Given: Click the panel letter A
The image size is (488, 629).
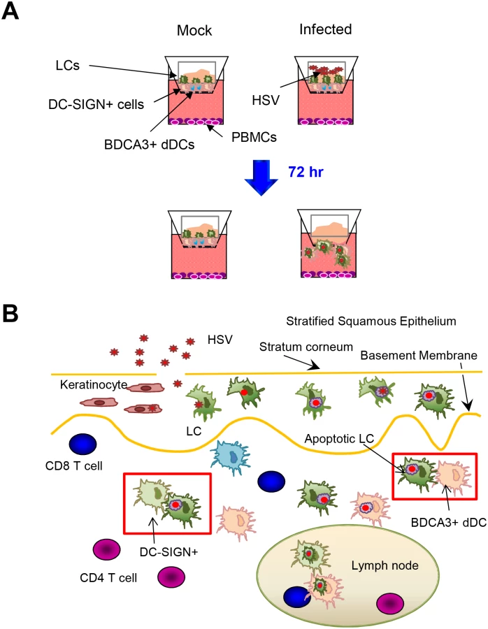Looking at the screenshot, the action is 10,10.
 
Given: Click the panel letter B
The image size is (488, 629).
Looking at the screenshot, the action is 10,314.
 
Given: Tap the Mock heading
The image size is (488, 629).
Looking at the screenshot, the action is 194,31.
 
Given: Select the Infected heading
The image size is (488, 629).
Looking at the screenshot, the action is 326,29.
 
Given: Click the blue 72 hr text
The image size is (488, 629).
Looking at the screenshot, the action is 306,172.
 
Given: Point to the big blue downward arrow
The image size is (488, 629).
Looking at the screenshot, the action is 261,178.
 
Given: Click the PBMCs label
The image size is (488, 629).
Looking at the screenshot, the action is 254,137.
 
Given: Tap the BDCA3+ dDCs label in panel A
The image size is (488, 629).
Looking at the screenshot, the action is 150,145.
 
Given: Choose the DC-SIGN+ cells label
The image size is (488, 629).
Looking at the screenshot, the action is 96,104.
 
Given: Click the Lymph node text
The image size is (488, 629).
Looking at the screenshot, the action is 385,565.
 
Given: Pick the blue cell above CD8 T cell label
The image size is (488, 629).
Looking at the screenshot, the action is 83,444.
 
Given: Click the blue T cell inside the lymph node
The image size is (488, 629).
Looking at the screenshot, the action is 297,598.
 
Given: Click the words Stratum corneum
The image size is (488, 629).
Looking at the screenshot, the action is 306,347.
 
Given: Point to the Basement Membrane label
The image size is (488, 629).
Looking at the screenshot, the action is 419,356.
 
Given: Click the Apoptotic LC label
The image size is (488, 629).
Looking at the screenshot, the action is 339,438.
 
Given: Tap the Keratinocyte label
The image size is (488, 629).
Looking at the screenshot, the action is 94,384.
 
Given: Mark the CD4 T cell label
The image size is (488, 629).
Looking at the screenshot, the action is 108,578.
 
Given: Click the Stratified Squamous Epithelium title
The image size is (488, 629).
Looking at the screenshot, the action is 371,321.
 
